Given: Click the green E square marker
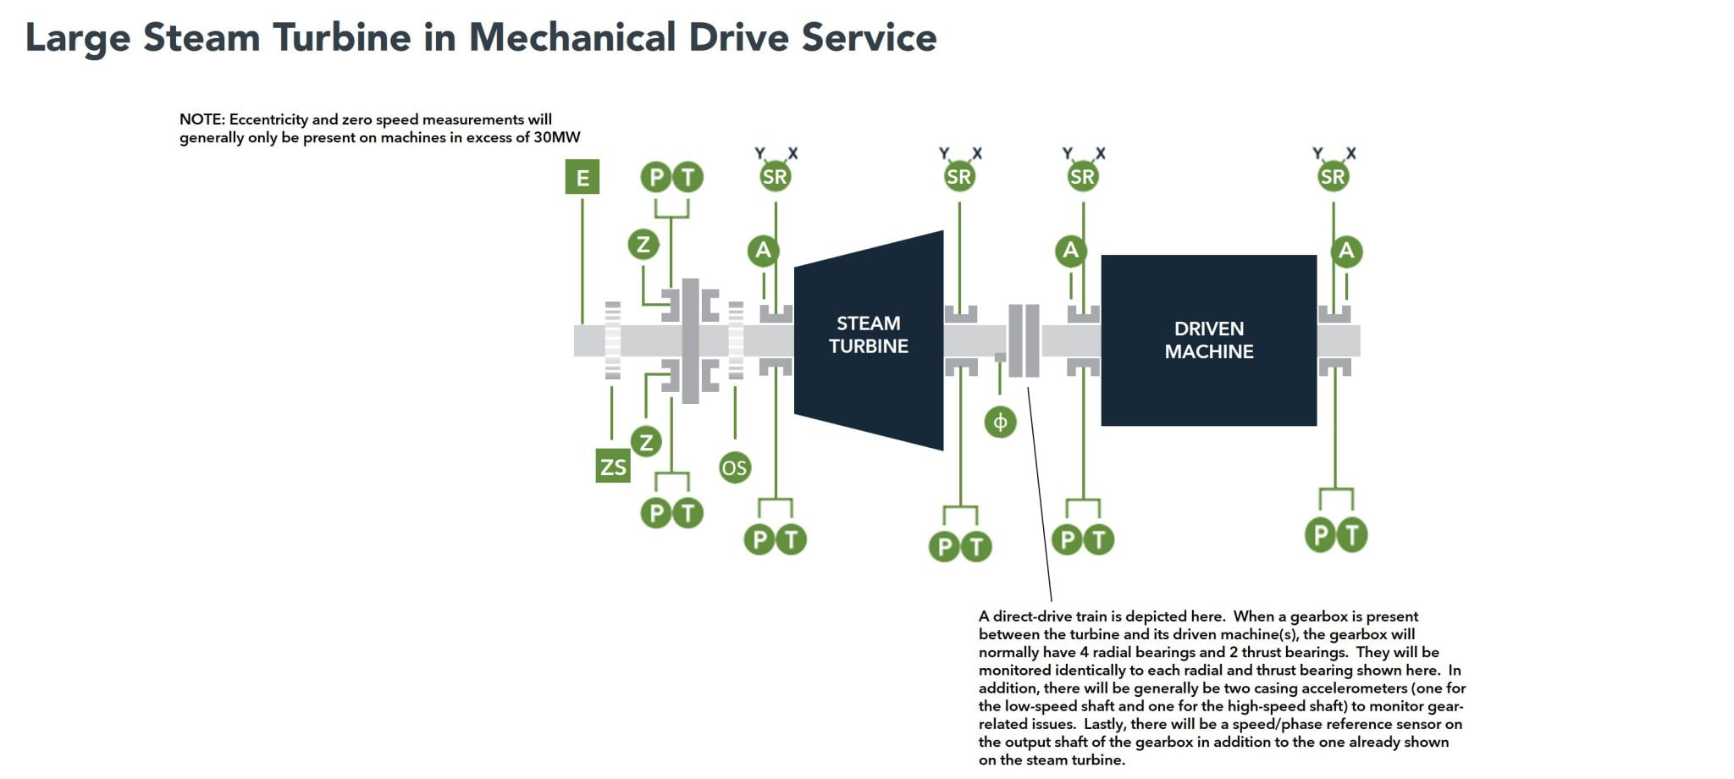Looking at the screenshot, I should point(583,178).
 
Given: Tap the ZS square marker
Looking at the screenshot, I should point(613,467).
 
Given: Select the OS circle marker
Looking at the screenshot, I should point(734,467).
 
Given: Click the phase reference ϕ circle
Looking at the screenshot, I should point(1000,422).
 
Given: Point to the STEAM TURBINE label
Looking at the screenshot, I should point(868,334).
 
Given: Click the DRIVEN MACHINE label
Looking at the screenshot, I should point(1208,340).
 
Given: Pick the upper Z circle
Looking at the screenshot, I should point(643,245).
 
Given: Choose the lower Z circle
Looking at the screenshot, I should point(646,441).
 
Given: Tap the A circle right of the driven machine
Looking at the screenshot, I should point(1346,251).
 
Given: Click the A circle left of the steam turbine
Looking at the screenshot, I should point(763,250).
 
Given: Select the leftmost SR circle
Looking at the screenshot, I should point(775,176).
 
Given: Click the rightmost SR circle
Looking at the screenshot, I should point(1333,176).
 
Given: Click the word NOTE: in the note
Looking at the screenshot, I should point(202,119).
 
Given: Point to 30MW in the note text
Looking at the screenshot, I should point(556,137).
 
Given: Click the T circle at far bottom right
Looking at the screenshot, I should point(1352,534).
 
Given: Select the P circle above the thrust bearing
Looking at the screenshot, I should point(656,177).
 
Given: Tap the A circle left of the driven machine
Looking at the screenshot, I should point(1070,250).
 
